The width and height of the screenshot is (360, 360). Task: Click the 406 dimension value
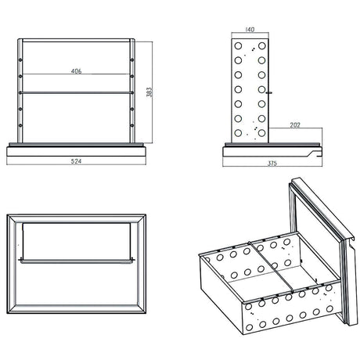[76, 71]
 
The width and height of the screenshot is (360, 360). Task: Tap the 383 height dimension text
[149, 92]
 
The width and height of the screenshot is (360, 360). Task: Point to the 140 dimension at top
[250, 30]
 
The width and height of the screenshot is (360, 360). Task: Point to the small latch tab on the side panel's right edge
[270, 92]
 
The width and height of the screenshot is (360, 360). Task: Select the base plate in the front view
[76, 146]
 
